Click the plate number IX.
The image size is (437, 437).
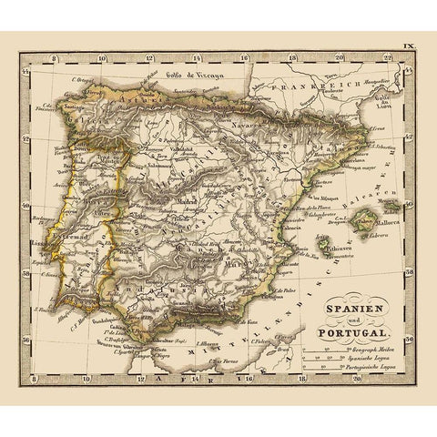tap(411, 43)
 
